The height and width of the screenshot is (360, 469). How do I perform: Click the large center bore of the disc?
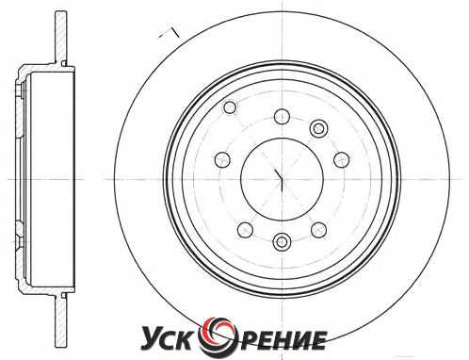tap(282, 179)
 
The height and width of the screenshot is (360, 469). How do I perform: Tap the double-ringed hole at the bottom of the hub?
tap(282, 242)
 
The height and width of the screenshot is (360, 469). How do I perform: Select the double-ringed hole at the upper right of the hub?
tap(318, 128)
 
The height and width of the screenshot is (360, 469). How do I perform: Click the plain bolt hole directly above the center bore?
tap(282, 116)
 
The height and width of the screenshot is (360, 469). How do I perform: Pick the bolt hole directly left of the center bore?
tap(222, 159)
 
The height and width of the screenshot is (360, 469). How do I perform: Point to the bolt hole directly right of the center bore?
tap(341, 159)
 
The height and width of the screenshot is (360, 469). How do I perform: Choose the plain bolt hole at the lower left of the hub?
tap(245, 230)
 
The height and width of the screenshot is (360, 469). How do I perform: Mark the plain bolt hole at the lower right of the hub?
tap(318, 230)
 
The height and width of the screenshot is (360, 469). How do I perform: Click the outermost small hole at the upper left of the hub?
tap(230, 106)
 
